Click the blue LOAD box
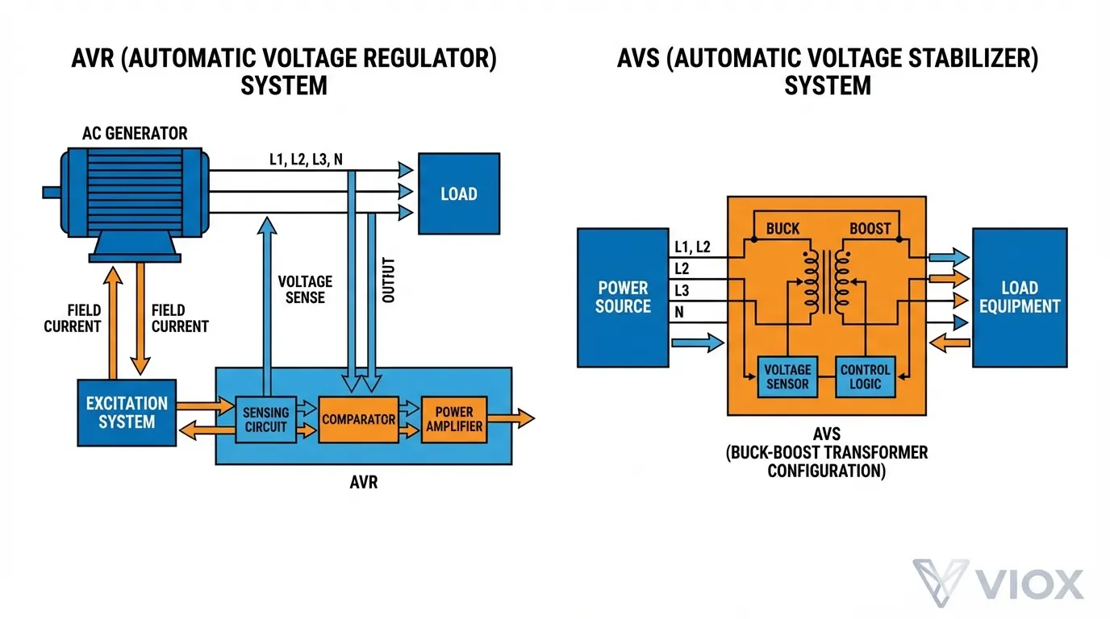coord(458,193)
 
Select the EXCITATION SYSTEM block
coord(127,412)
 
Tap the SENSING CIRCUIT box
coord(265,419)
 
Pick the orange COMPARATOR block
coord(358,419)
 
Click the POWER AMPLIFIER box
coord(454,418)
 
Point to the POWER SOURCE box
coord(623,297)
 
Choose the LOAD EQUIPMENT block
coord(1020,297)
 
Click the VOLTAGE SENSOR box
coord(787,376)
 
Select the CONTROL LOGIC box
coord(865,376)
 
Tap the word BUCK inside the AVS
coord(782,229)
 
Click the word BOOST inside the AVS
coord(870,229)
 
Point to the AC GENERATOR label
coord(135,134)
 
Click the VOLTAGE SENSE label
coord(305,289)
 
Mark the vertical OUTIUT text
coord(389,280)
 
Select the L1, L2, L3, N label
coord(306,160)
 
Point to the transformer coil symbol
coord(826,282)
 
